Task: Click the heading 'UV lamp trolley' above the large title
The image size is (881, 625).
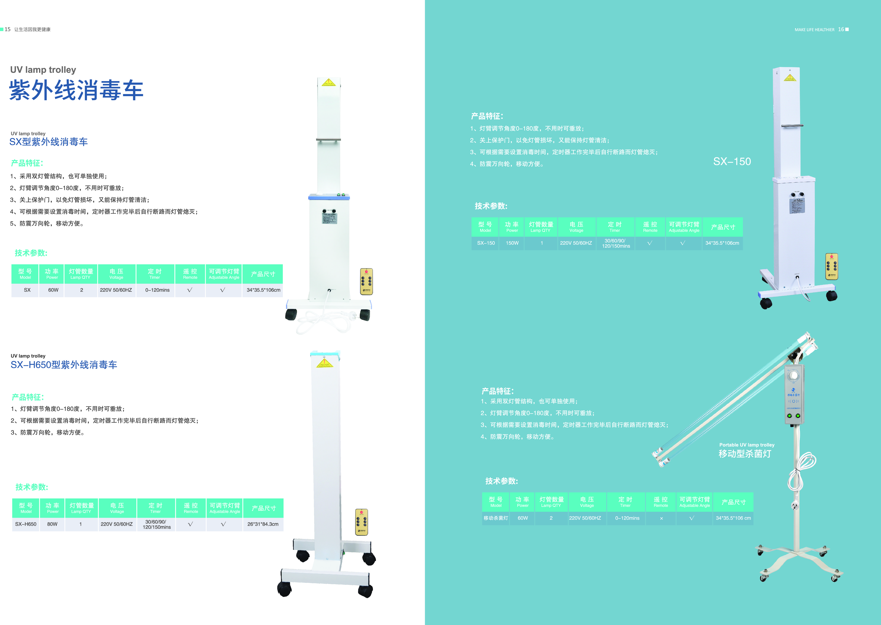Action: coord(43,70)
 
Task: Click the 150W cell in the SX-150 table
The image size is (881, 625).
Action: coord(512,243)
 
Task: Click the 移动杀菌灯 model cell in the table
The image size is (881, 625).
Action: coord(496,518)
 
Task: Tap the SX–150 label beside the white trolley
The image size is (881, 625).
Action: coord(732,161)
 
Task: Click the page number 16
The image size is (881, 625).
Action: coord(841,29)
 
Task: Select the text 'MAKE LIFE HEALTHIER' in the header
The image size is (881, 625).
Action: coord(815,30)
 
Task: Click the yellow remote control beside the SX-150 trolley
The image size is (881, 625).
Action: coord(831,266)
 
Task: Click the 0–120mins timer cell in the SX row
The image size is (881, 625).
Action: coord(157,290)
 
